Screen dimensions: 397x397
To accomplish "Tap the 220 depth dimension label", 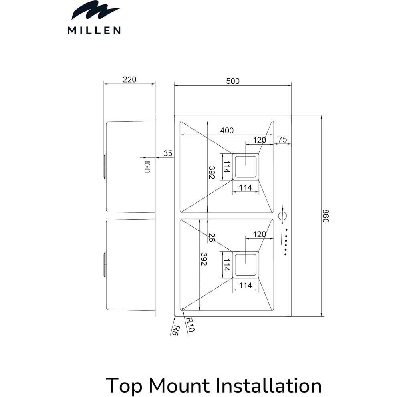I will click(129, 79).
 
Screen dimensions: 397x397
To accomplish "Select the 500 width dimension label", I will click(232, 81).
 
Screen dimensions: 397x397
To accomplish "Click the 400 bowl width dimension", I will click(227, 131).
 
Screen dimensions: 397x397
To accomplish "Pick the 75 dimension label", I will click(282, 140).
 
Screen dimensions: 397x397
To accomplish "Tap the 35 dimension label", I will click(168, 153).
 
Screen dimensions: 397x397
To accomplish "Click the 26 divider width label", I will click(211, 237).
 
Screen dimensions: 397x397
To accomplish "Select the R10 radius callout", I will click(190, 324).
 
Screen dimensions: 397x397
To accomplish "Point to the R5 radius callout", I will click(175, 330).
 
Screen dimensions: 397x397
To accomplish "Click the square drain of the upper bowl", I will click(246, 166).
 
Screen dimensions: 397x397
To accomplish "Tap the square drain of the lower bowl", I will click(246, 264).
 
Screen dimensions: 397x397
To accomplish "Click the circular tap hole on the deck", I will click(283, 215).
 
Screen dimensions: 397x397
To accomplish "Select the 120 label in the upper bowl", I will click(259, 140).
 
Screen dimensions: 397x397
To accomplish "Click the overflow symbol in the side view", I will click(147, 166).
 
